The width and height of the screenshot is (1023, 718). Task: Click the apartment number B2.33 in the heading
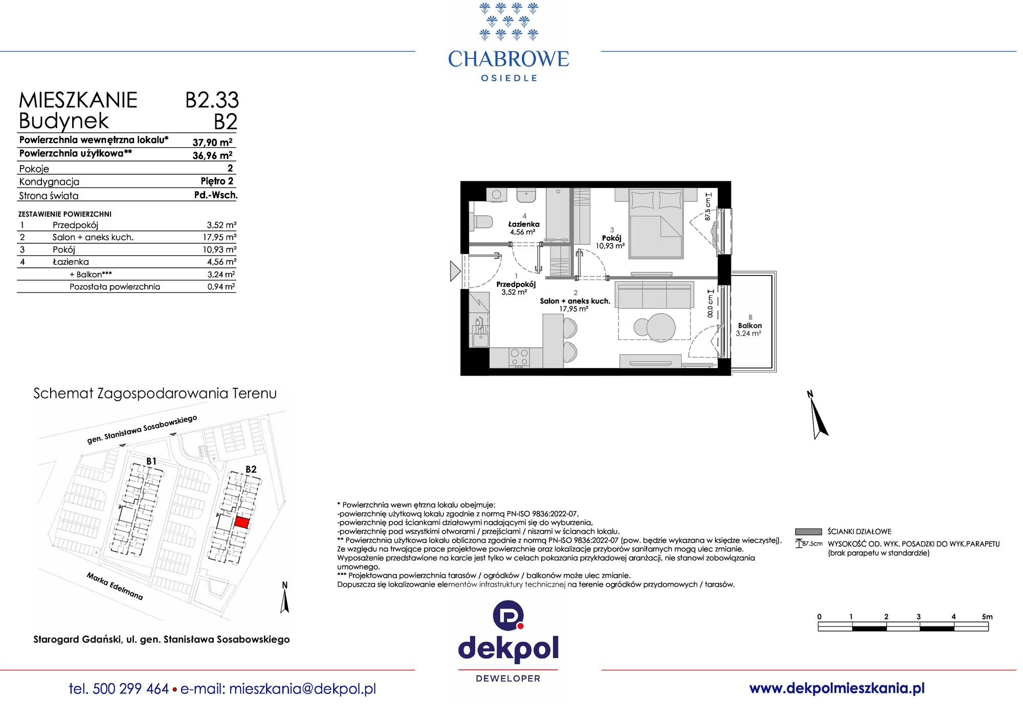point(212,100)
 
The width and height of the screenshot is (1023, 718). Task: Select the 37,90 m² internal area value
point(212,143)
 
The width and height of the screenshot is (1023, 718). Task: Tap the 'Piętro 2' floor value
point(217,181)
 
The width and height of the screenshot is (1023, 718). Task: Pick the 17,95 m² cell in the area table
point(219,237)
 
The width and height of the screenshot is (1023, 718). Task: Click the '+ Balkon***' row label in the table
point(91,274)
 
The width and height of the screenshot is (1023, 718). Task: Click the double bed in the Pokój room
point(656,223)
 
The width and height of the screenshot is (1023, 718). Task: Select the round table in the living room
point(661,328)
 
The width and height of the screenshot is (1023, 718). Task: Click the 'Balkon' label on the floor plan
point(750,326)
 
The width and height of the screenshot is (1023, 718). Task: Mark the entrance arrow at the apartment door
point(455,271)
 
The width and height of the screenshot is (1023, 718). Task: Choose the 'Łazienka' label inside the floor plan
point(524,224)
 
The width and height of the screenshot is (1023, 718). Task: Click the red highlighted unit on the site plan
point(242,523)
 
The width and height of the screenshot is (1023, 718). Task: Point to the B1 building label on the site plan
point(151,461)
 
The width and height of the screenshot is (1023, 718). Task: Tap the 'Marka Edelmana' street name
point(115,586)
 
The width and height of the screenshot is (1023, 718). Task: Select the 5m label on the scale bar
point(987,617)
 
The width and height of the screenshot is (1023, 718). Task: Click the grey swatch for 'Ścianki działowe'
point(808,531)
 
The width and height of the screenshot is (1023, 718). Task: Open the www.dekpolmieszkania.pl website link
point(837,688)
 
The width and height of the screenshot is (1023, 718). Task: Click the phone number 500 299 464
point(131,689)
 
